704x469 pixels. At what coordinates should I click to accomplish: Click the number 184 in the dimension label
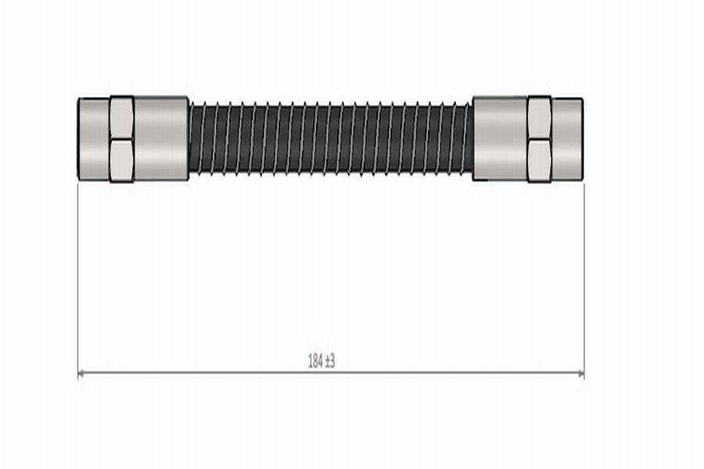coord(315,361)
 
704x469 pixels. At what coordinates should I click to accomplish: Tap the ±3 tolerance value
coord(329,361)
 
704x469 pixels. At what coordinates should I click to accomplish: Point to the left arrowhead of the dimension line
coord(81,373)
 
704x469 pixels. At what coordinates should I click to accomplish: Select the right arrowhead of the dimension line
coord(580,373)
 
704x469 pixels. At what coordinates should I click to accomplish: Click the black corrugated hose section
coord(330,138)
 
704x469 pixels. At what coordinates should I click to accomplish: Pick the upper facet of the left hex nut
coord(122,118)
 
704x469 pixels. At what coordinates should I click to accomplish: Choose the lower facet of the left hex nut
coord(122,161)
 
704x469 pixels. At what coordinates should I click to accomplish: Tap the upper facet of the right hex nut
coord(540,118)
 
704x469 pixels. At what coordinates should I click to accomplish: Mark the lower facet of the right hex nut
coord(540,161)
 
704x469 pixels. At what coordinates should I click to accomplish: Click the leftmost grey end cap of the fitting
coord(94,139)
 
